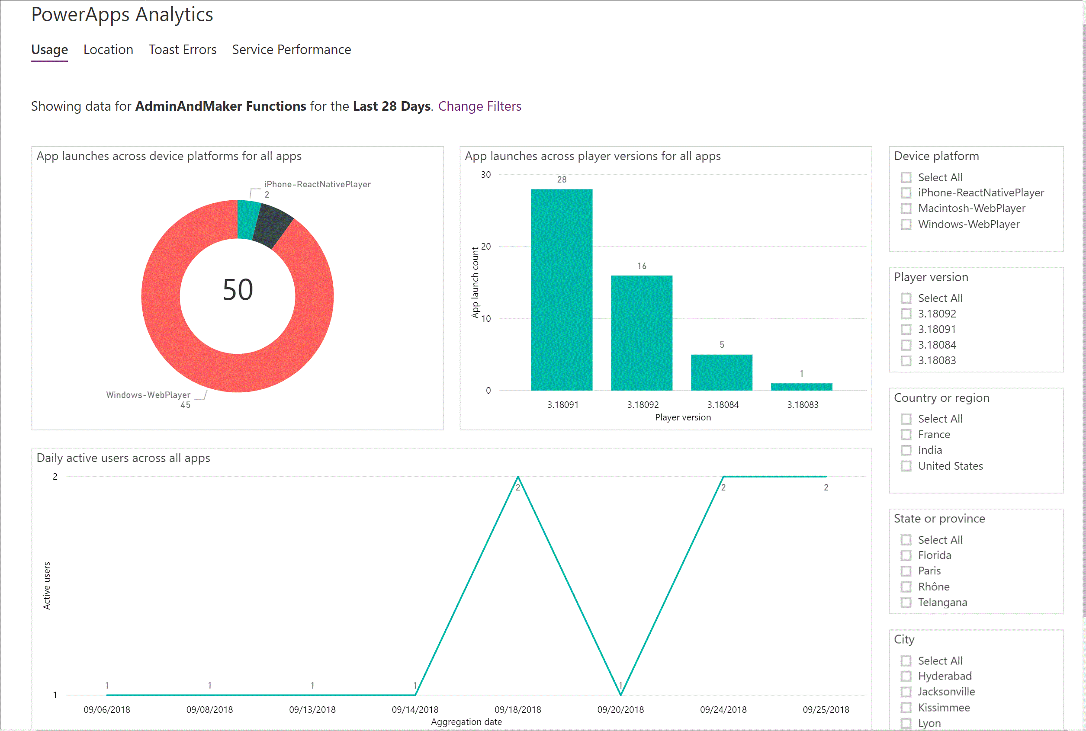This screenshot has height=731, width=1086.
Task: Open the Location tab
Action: point(108,49)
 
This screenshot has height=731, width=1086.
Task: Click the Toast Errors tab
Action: point(182,49)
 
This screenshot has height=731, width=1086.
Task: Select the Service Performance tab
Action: point(292,49)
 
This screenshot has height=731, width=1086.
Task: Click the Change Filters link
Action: point(479,106)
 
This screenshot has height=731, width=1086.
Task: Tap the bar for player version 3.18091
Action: point(562,289)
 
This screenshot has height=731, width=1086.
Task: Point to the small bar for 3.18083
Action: point(802,387)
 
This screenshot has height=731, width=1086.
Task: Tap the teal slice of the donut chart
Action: point(247,219)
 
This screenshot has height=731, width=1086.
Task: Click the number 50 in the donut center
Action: point(238,290)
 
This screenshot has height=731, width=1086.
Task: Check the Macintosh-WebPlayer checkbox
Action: point(906,208)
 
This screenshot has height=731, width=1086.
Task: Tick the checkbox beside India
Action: point(906,450)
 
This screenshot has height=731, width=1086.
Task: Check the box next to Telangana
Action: point(906,603)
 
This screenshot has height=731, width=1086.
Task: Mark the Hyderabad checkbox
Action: point(906,676)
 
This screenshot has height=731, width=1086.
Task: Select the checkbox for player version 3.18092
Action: point(906,314)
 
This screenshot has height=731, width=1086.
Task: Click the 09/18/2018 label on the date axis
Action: point(517,709)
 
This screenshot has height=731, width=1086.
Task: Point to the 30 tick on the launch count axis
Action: point(486,175)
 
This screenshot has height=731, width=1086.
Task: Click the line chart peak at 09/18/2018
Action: point(517,477)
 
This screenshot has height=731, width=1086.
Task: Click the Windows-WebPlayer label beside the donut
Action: point(148,395)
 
